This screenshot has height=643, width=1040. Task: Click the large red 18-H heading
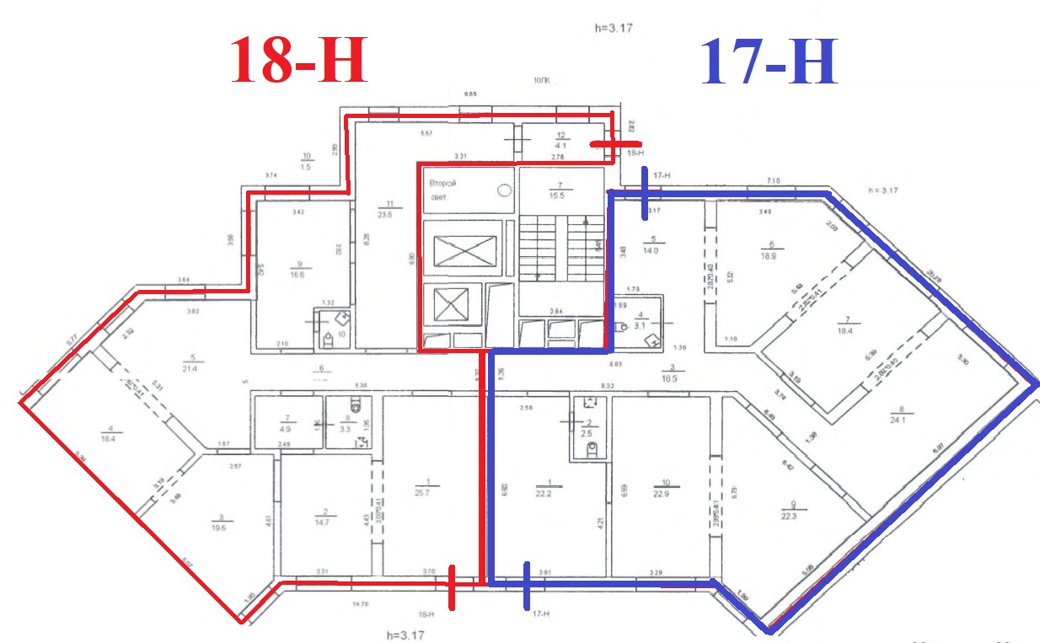click(x=300, y=61)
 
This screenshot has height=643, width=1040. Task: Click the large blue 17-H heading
click(x=769, y=63)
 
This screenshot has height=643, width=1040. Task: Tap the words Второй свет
click(x=444, y=190)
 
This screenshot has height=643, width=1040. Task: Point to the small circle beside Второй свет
click(x=504, y=190)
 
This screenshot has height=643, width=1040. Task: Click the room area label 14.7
click(x=324, y=522)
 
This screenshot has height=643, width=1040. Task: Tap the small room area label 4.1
click(x=559, y=145)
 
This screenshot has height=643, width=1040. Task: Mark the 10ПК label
click(x=541, y=81)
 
